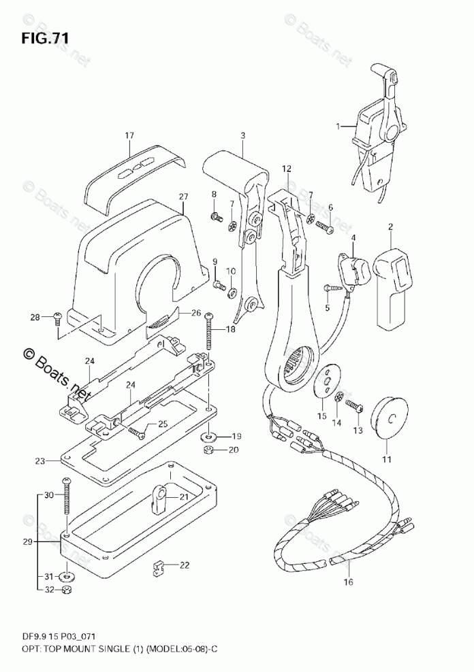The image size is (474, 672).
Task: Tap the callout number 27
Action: pyautogui.click(x=182, y=197)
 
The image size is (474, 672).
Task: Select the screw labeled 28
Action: pyautogui.click(x=58, y=316)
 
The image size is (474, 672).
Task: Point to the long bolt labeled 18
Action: pyautogui.click(x=208, y=330)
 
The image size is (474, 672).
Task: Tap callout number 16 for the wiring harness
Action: pyautogui.click(x=349, y=582)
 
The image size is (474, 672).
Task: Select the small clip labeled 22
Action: pyautogui.click(x=158, y=566)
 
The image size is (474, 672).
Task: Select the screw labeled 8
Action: pyautogui.click(x=217, y=216)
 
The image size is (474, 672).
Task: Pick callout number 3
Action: pyautogui.click(x=242, y=135)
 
